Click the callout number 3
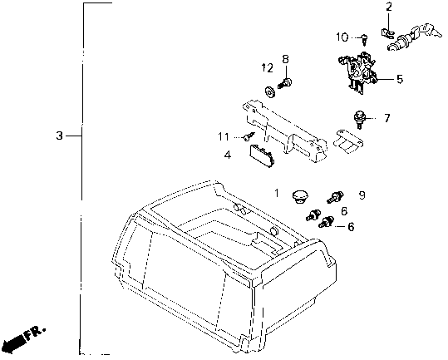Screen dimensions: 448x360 click(59, 136)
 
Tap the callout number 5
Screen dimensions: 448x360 click(400, 79)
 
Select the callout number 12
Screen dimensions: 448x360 click(268, 67)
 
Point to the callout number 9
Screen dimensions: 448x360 click(362, 195)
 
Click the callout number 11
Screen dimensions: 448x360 click(224, 137)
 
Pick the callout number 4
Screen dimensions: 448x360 click(228, 155)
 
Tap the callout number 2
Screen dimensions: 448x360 click(389, 7)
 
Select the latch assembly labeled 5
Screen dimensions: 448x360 click(358, 72)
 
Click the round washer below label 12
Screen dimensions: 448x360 click(269, 92)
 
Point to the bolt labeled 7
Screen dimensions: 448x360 click(358, 120)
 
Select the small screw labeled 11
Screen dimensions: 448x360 click(249, 136)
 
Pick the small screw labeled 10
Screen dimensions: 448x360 click(365, 40)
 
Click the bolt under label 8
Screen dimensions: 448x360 click(284, 83)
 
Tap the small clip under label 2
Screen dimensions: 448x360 click(387, 33)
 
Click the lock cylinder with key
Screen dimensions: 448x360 click(413, 37)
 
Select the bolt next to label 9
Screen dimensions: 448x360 click(337, 198)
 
